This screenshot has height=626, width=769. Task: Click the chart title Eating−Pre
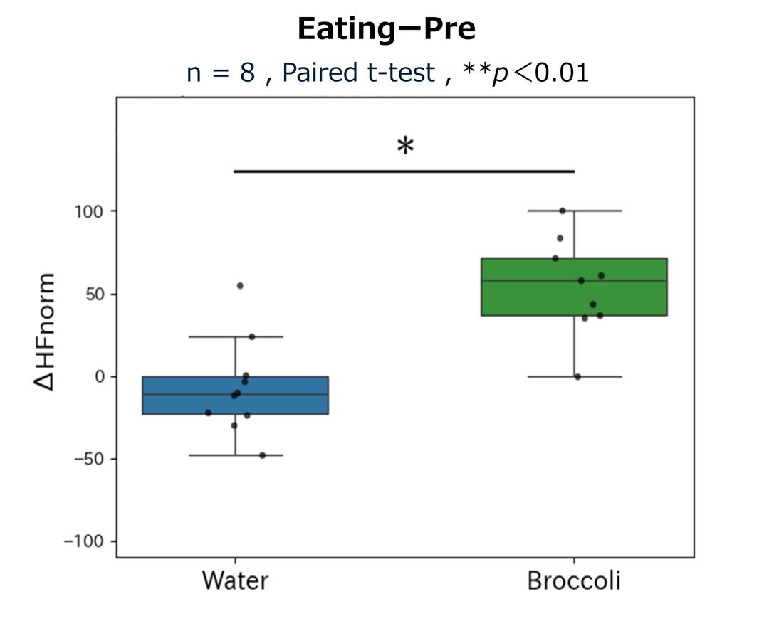click(x=386, y=30)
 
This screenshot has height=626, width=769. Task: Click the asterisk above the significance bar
click(x=404, y=147)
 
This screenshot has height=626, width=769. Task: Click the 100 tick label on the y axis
click(x=89, y=211)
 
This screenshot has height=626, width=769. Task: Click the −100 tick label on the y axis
click(x=84, y=541)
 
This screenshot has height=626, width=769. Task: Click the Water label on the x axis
click(x=235, y=580)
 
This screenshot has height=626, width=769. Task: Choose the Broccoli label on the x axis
click(x=574, y=580)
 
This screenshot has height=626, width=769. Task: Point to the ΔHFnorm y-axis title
click(x=44, y=331)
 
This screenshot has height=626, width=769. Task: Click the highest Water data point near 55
click(x=240, y=285)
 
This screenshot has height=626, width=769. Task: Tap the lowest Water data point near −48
click(x=262, y=455)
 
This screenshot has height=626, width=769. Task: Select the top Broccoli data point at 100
click(x=563, y=211)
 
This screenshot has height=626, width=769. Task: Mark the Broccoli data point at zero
click(x=577, y=376)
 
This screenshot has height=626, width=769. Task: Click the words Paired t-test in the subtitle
click(x=358, y=72)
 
